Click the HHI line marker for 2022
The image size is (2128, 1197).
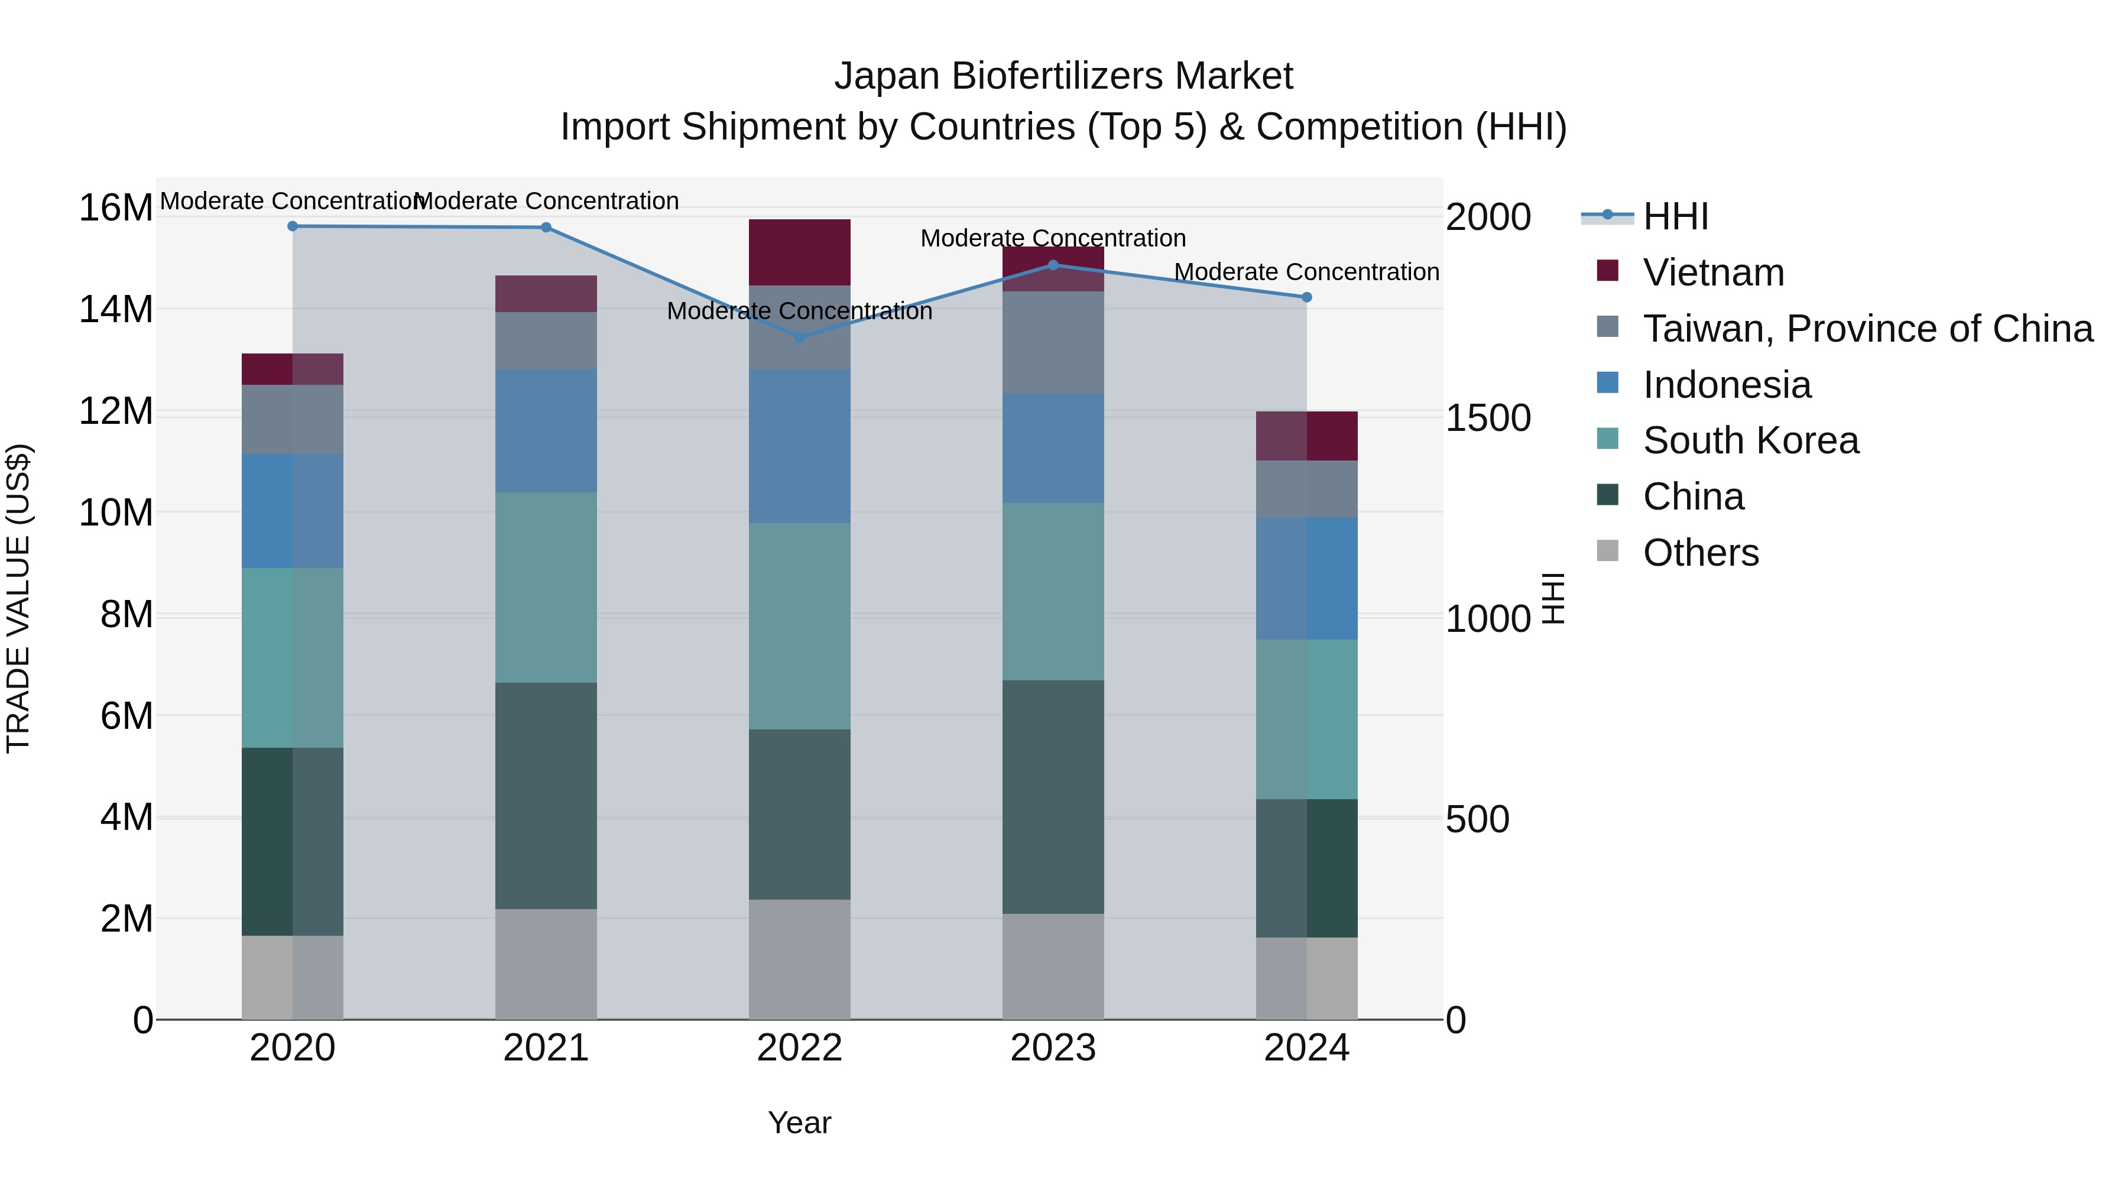(x=799, y=337)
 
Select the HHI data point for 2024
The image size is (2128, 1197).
(x=1306, y=297)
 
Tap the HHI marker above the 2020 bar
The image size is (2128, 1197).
(x=293, y=226)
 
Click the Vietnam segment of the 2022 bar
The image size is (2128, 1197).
(x=799, y=252)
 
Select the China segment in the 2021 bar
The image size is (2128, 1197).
(x=545, y=796)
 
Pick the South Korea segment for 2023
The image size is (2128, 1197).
(x=1052, y=592)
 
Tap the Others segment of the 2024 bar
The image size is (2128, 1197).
(x=1306, y=978)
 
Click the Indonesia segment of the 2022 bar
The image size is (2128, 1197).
(x=799, y=446)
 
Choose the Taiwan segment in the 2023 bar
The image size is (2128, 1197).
(x=1052, y=343)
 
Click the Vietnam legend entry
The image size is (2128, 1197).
(x=1713, y=273)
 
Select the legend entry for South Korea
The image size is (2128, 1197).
(x=1750, y=440)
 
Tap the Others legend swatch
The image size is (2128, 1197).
(x=1608, y=551)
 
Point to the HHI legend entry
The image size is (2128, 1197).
(x=1675, y=216)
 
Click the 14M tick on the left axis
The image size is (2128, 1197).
(x=116, y=310)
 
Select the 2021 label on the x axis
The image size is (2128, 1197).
(x=545, y=1048)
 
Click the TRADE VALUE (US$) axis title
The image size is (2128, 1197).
(x=18, y=598)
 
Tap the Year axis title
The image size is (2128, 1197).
(x=799, y=1123)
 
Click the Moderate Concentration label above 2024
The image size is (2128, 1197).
(x=1306, y=272)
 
